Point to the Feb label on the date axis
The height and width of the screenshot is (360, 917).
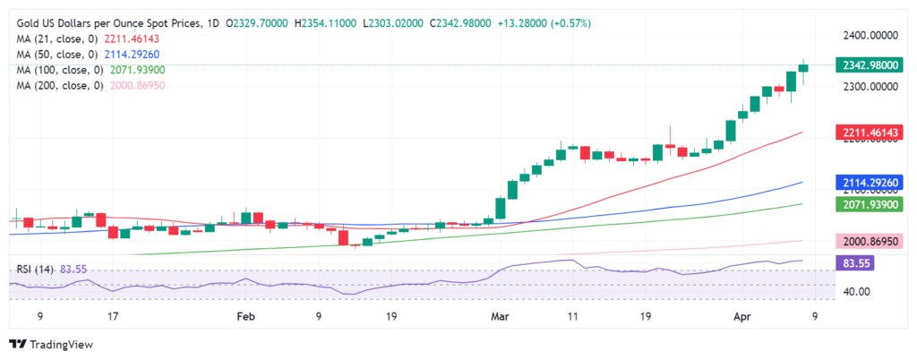(246, 316)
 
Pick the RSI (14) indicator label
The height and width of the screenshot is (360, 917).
(39, 268)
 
